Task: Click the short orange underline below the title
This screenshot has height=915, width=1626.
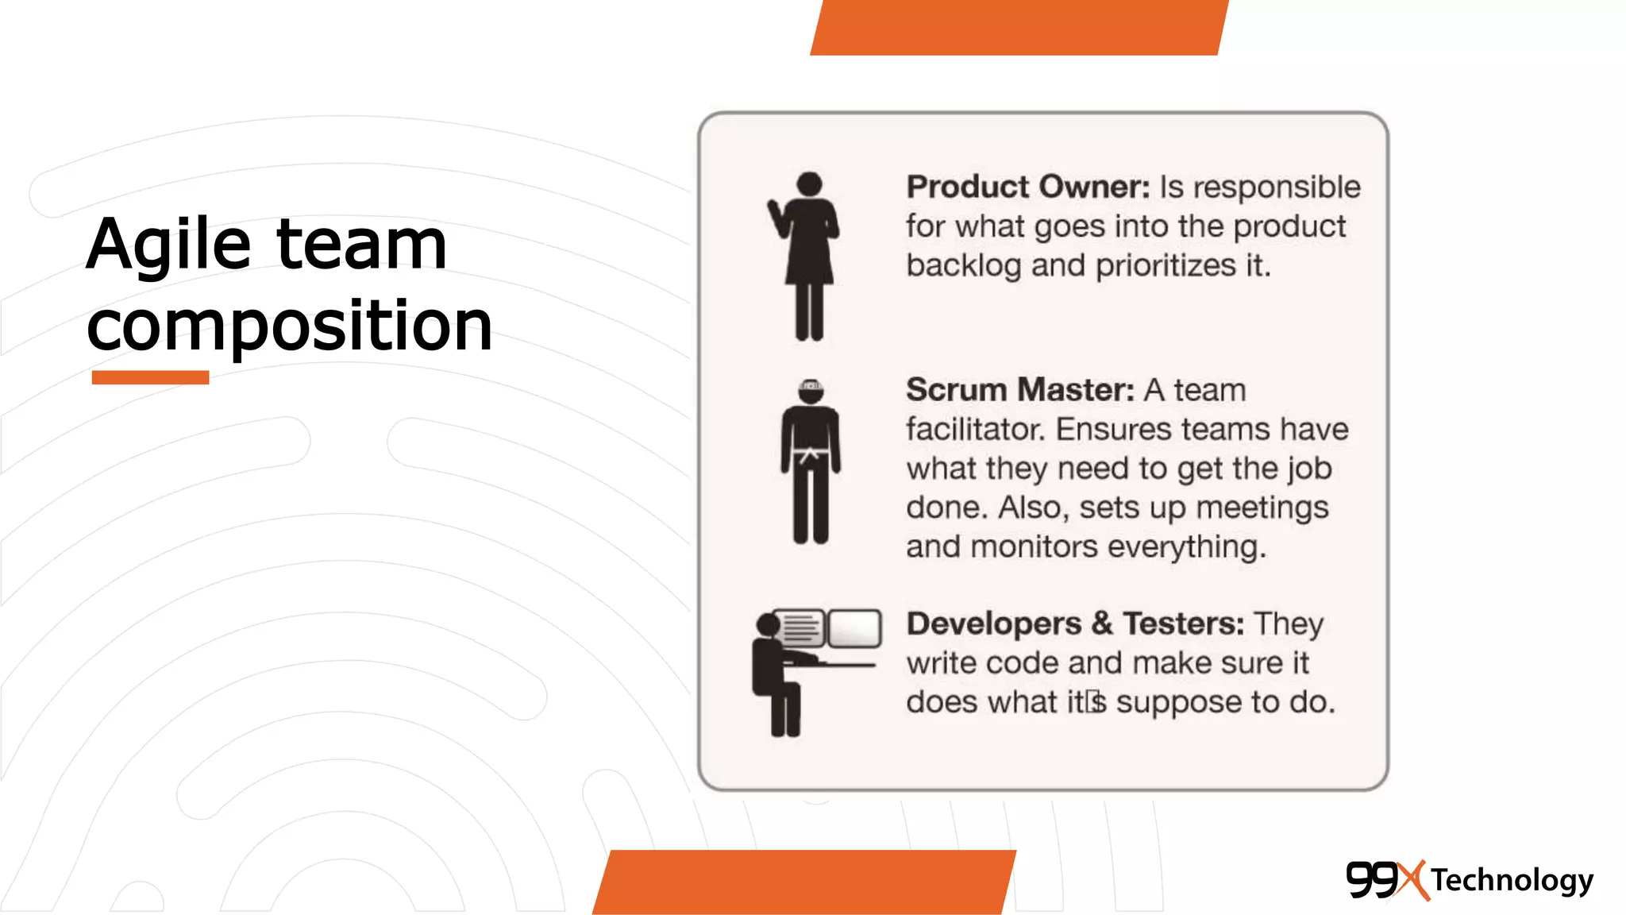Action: click(150, 377)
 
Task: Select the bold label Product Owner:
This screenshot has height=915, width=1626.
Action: click(1027, 187)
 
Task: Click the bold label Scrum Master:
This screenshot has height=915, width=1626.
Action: click(1020, 390)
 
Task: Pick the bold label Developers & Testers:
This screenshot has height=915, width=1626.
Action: click(1075, 624)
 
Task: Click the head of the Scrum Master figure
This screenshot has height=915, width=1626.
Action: click(810, 391)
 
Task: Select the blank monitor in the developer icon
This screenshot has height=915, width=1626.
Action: click(854, 628)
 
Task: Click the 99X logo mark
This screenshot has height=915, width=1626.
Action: click(1385, 879)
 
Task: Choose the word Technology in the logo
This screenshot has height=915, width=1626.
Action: click(1512, 880)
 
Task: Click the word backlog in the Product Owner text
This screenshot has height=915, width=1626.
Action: click(963, 266)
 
